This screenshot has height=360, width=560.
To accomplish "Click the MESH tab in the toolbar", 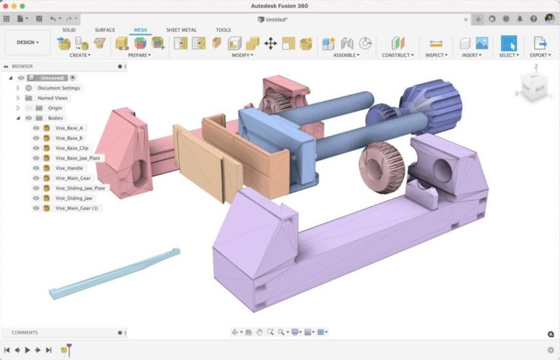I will point(139,30).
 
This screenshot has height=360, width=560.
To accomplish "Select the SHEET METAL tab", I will point(182,30).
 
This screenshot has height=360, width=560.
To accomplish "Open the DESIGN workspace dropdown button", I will point(28,42).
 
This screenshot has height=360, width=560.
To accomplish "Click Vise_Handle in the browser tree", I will point(69,168).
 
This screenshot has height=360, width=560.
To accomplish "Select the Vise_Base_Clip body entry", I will point(71,148).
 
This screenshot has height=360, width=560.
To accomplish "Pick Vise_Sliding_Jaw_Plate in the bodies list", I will point(80,188).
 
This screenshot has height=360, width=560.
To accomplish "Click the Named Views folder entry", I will point(52,98).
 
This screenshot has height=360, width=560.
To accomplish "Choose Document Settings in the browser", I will point(59,87).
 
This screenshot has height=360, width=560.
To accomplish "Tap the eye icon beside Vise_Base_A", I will point(36,128).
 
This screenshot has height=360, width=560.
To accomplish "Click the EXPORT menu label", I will point(539,55).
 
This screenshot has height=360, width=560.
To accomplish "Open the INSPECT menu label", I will point(435,55).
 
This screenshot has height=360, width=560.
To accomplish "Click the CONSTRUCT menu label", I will point(397,55).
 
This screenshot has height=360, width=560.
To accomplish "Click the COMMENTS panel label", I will point(25,332).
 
